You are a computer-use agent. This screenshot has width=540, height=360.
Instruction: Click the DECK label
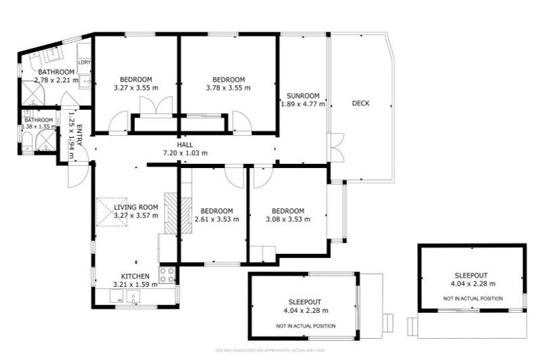360,103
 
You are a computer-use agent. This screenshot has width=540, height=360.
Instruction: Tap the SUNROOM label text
303,96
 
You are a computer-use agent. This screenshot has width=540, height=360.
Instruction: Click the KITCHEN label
136,276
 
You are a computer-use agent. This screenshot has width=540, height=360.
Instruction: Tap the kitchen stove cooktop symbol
167,275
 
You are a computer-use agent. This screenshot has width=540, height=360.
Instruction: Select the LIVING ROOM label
136,207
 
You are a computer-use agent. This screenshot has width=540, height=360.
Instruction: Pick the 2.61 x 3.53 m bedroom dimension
216,219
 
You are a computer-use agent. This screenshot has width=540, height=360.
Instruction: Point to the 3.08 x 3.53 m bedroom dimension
288,219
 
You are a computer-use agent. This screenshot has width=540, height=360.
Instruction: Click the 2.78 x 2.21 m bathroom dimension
56,80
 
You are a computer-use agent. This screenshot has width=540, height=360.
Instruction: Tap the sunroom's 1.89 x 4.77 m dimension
303,104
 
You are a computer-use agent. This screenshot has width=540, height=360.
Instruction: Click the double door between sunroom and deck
336,147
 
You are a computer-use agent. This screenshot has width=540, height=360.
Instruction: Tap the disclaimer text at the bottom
269,349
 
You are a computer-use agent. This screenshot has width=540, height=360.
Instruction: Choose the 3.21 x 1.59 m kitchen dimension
136,285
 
